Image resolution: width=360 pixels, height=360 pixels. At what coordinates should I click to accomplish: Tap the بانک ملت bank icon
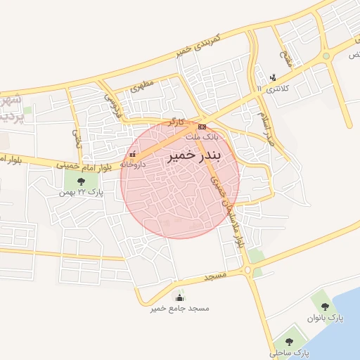pos(202,127)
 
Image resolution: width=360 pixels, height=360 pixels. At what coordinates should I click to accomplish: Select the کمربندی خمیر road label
pos(193,45)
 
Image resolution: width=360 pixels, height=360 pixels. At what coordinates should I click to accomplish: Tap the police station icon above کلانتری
pos(274,77)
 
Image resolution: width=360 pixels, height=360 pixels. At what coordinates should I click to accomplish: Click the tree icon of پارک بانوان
pos(324,307)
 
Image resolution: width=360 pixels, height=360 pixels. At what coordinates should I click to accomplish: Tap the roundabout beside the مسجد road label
pos(247,270)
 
